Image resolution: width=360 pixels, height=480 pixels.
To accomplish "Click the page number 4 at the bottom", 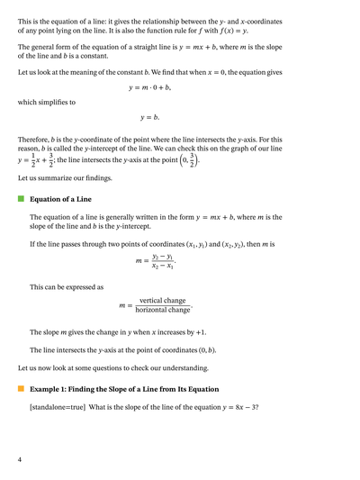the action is pos(20,460).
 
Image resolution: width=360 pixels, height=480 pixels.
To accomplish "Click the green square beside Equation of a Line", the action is pos(21,199).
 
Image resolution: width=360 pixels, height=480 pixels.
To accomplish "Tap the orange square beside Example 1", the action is pos(21,388).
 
